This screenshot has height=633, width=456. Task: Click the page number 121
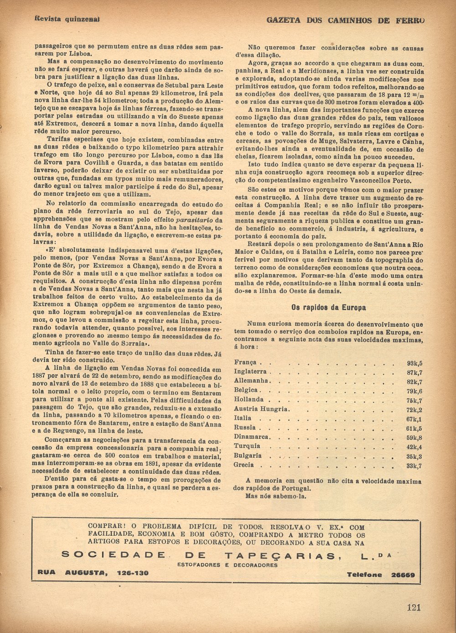[x=414, y=607]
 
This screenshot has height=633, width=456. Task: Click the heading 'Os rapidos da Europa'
[x=328, y=308]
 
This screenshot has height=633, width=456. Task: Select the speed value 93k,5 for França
[x=415, y=363]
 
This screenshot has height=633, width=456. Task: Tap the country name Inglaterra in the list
[x=250, y=372]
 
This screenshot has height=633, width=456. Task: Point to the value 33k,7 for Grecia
[x=415, y=466]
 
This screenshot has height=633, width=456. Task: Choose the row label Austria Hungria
[x=261, y=409]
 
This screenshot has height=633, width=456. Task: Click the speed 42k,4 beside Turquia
[x=415, y=447]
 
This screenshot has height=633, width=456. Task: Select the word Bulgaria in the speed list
[x=248, y=455]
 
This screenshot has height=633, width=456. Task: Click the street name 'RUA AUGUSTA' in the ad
[x=70, y=573]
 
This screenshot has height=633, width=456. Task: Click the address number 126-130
[x=132, y=573]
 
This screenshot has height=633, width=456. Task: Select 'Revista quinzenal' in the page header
[x=67, y=19]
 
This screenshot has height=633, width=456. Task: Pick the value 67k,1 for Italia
[x=415, y=419]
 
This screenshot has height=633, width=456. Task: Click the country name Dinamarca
[x=252, y=437]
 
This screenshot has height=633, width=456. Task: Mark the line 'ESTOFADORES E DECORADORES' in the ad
[x=228, y=565]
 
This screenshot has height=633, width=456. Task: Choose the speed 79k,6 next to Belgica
[x=415, y=391]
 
